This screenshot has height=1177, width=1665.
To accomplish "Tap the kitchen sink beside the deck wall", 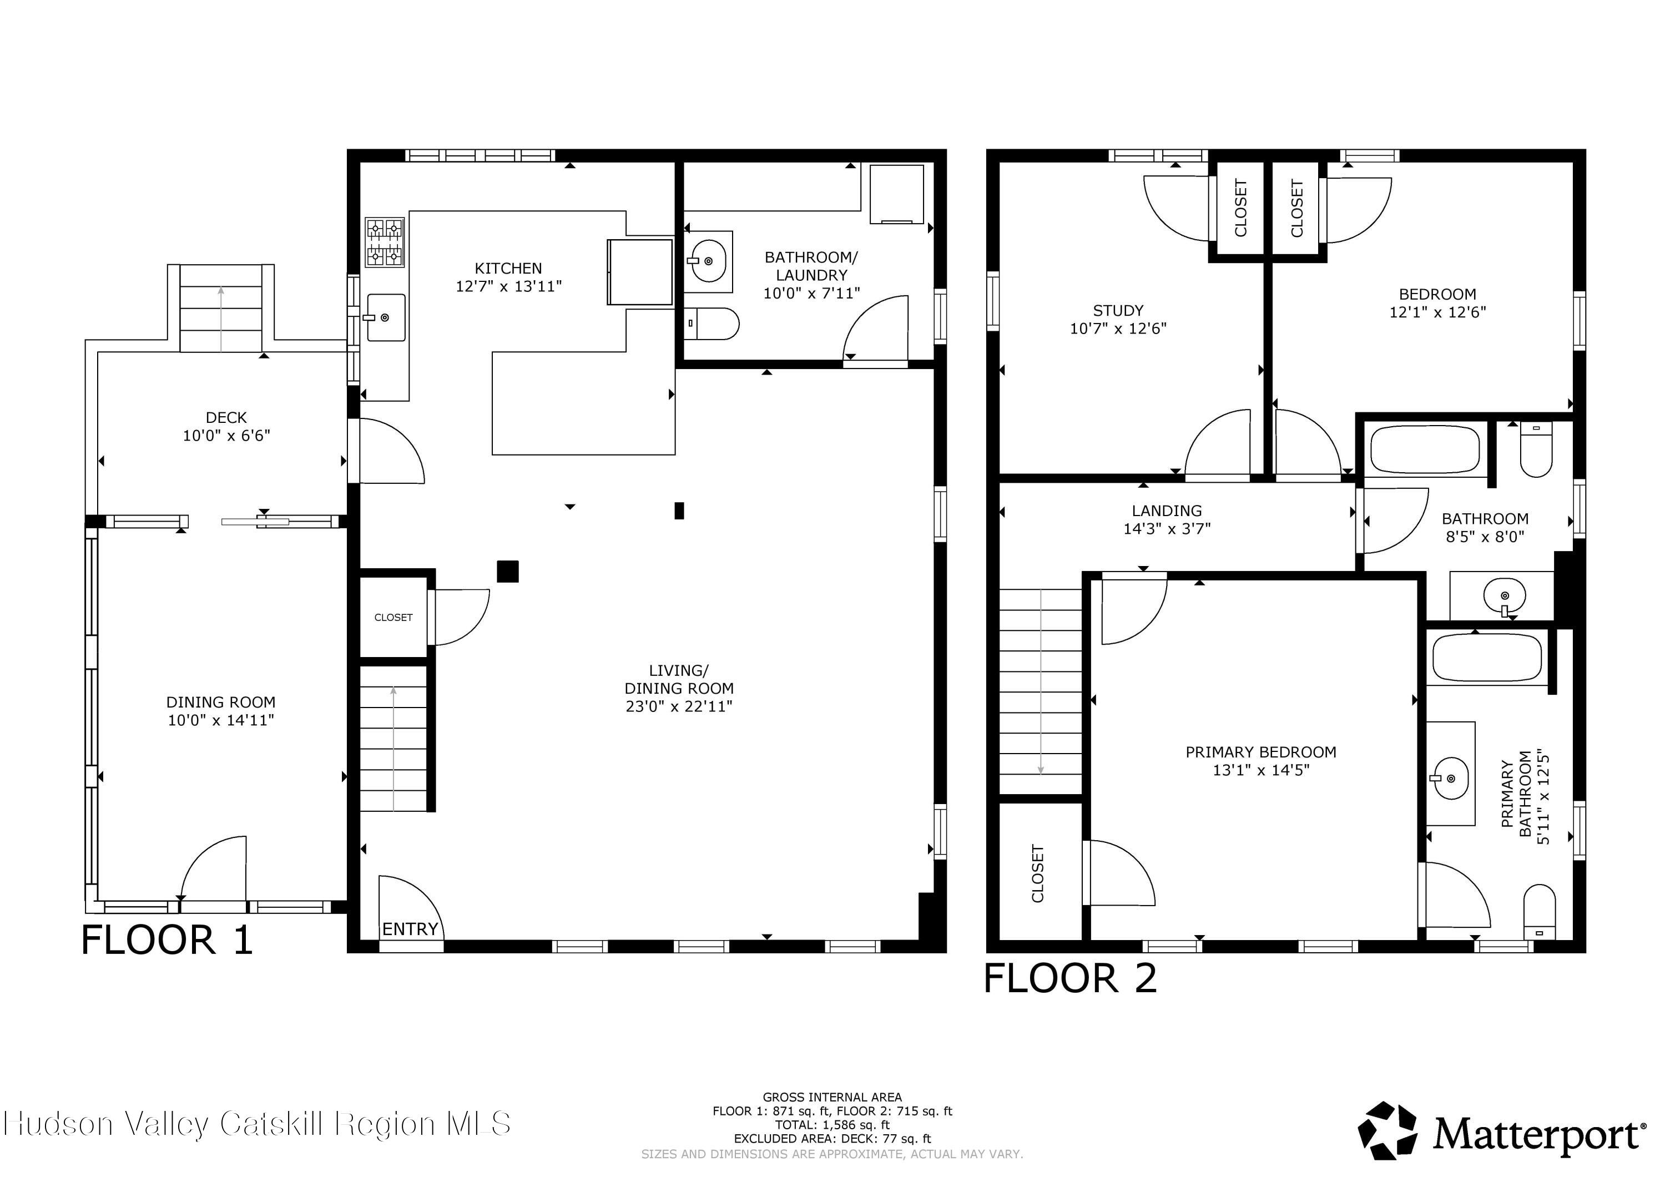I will click(386, 317).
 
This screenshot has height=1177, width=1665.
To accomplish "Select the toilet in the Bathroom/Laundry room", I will click(712, 324).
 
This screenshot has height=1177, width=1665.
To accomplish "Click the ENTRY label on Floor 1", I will click(410, 929).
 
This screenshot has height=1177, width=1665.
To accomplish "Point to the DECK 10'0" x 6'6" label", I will click(226, 426).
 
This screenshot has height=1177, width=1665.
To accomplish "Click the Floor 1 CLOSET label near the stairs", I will click(393, 617).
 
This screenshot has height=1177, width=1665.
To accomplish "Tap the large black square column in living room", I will click(508, 572).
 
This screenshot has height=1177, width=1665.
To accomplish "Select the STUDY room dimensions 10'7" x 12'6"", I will click(1118, 329).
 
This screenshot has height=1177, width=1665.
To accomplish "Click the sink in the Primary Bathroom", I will click(1450, 778).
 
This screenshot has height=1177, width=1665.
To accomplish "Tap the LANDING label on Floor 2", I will click(1166, 511).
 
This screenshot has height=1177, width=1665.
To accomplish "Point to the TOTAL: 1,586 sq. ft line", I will click(832, 1125).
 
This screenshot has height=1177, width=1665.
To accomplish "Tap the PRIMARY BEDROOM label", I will click(1260, 752).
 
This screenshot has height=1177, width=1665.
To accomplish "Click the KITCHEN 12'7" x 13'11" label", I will click(508, 277).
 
